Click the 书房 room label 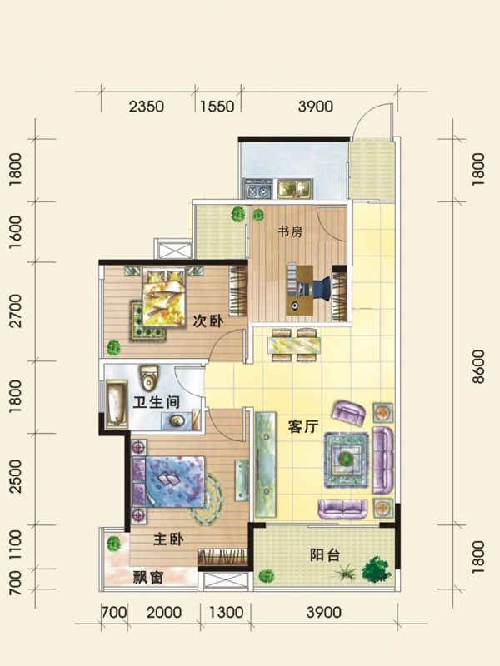click(290, 233)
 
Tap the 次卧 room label click(209, 322)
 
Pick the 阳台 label click(325, 554)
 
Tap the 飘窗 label click(147, 578)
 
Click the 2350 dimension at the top click(147, 106)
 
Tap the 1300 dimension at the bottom click(225, 614)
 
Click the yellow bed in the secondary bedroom click(164, 299)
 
